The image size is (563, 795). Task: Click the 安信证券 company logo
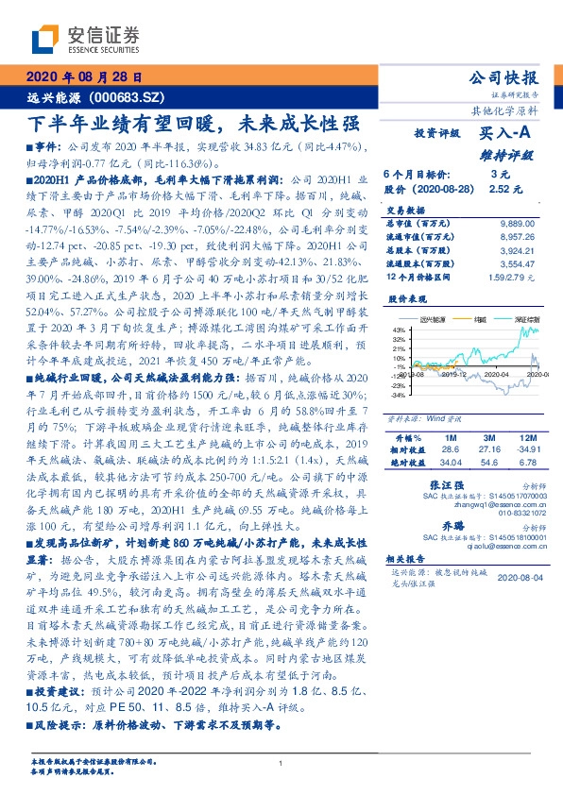point(86,39)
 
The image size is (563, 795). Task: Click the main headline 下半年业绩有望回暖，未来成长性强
point(193,123)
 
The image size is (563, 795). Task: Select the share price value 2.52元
point(500,189)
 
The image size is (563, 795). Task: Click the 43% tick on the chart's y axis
point(399,330)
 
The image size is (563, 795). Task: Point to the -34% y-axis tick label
point(397,396)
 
